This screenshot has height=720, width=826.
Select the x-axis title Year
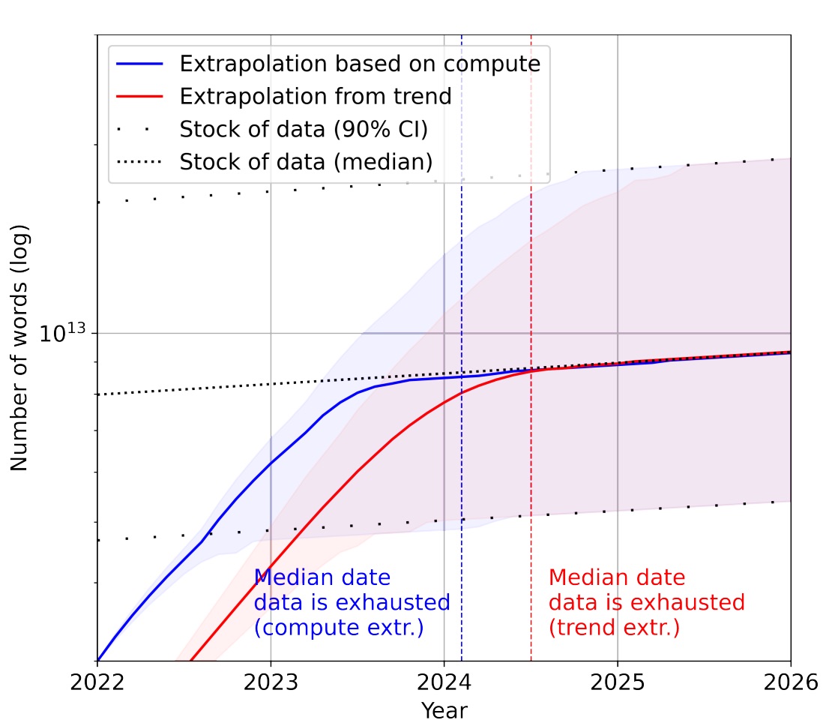tap(444, 709)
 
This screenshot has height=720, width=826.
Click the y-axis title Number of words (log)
tap(19, 347)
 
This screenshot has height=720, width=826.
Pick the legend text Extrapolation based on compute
tap(360, 64)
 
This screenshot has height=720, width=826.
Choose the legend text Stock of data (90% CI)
tap(303, 129)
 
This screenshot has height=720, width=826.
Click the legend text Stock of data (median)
tap(306, 161)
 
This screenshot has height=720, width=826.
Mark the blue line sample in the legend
tap(139, 64)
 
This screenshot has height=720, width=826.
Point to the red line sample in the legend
tap(139, 97)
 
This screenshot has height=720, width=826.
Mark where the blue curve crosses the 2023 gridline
tap(271, 463)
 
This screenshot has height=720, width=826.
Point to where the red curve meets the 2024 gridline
tap(444, 403)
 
